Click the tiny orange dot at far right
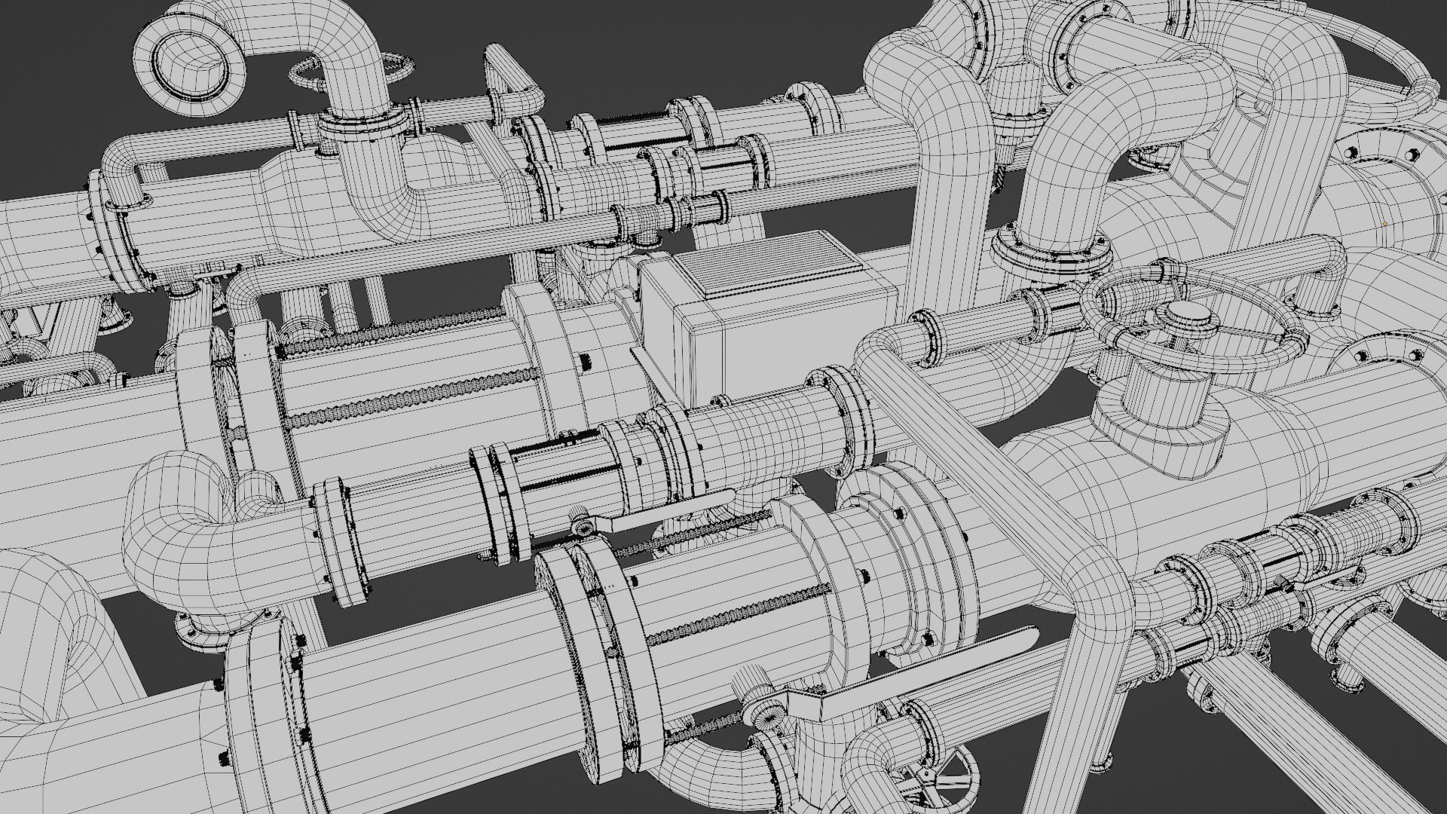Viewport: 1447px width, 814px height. (x=1385, y=224)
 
